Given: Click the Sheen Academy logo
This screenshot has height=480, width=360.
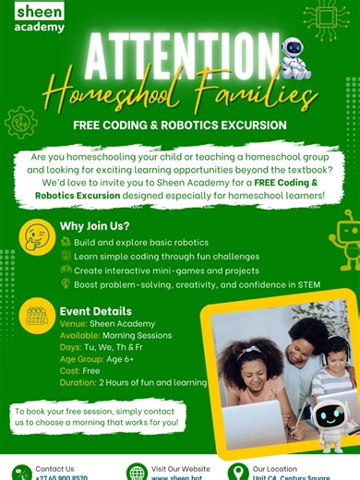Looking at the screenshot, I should tap(40, 18).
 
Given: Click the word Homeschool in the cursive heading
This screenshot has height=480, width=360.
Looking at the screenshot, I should tap(116, 94).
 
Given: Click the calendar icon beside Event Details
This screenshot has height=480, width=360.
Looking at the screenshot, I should tap(38, 317).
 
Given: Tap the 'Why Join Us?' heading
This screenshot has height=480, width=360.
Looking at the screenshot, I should tap(95, 226).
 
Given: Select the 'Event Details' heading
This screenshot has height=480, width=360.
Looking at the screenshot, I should tap(96, 311).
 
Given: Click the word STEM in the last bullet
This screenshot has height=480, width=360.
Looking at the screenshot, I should tap(309, 284).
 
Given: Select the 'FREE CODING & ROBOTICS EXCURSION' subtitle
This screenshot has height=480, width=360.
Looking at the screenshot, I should tap(181, 125).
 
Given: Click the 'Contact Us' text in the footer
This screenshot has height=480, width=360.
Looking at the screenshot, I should tap(54, 468).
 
